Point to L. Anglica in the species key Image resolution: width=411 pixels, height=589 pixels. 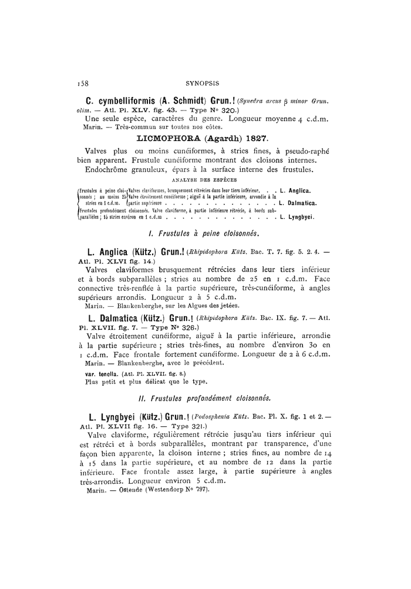(296, 190)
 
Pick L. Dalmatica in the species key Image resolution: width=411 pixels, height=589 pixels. (298, 203)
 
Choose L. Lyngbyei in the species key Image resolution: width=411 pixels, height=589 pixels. (298, 217)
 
